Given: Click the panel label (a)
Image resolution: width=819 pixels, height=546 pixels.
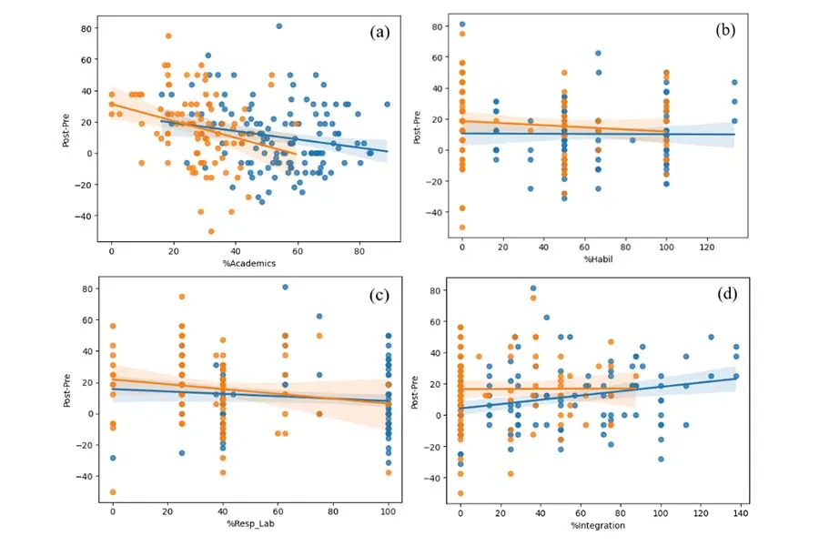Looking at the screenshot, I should click(379, 32).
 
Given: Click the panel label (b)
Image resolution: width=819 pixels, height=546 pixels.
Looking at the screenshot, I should click(725, 31).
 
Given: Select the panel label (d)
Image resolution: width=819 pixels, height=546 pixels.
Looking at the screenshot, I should click(724, 294).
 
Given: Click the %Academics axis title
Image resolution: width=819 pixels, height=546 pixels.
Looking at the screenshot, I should click(249, 263).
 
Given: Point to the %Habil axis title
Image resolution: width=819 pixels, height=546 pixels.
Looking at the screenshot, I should click(598, 259).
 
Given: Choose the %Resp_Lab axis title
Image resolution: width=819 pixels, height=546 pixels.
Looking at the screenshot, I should click(249, 525).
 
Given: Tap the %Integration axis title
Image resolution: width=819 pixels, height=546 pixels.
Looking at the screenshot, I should click(598, 525).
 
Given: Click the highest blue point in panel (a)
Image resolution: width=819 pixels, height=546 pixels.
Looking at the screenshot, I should click(279, 26).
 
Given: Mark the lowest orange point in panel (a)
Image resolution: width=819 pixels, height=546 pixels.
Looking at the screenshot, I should click(211, 231).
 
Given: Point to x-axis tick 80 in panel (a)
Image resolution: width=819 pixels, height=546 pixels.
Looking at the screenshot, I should click(359, 250).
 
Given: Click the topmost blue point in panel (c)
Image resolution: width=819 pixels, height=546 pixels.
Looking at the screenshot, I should click(285, 288).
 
